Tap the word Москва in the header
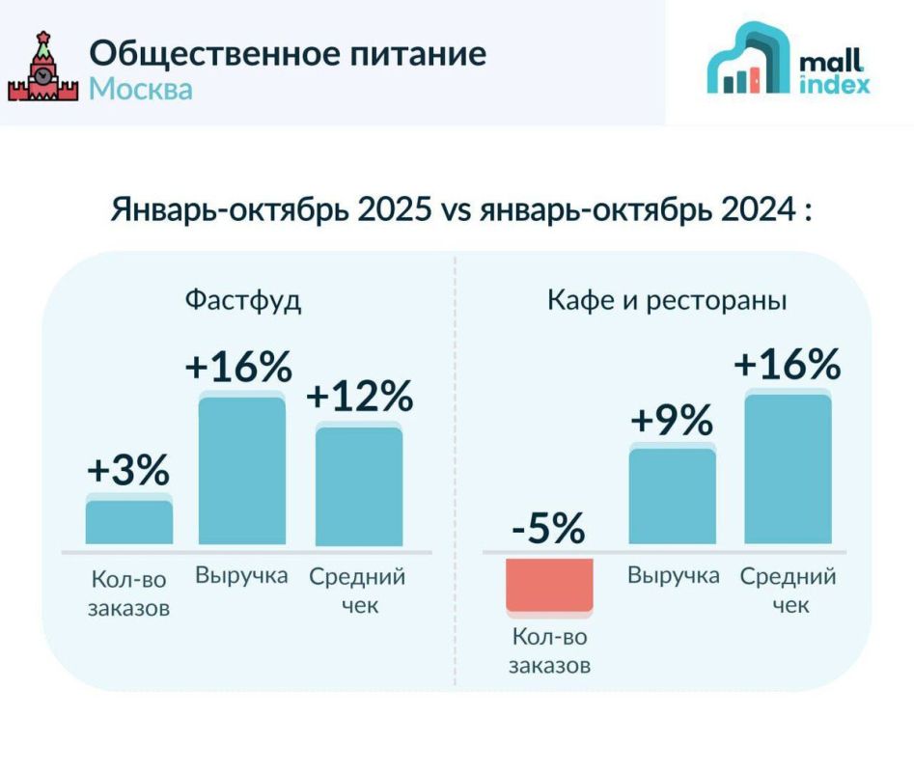click(141, 89)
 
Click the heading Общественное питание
click(288, 52)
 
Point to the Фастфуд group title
click(243, 300)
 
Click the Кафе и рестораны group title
click(667, 300)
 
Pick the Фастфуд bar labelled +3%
click(129, 521)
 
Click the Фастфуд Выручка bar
click(242, 470)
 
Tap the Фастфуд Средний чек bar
click(359, 485)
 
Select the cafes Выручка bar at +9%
click(673, 496)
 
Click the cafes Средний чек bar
click(788, 469)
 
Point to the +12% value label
click(360, 397)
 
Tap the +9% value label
click(672, 421)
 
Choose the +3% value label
click(128, 470)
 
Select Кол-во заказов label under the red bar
click(548, 651)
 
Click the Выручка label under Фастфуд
click(241, 575)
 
